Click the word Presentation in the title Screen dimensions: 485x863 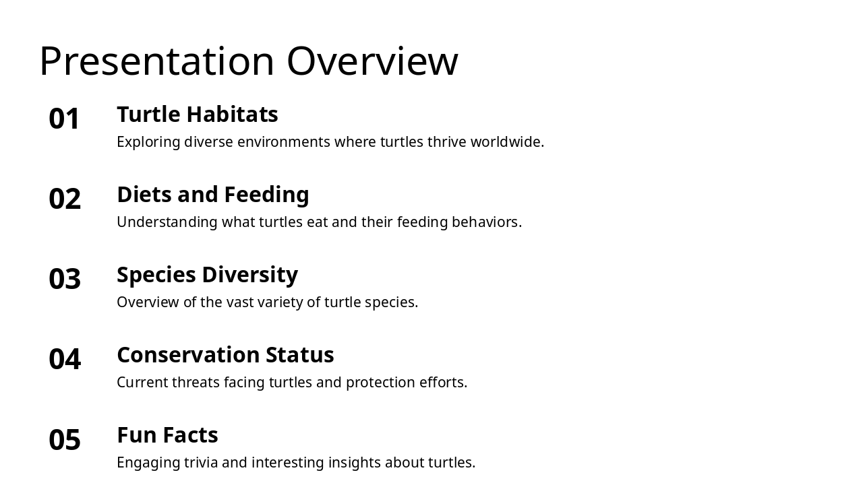point(156,61)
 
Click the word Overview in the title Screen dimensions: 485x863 point(372,61)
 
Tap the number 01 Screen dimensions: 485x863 point(65,119)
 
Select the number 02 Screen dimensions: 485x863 point(65,199)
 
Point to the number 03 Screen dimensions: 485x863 point(65,280)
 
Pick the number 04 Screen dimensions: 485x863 point(65,360)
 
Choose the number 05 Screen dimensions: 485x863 point(65,440)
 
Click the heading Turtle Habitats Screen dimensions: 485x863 point(197,115)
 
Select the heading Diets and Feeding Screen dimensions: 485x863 point(212,195)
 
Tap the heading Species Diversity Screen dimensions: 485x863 point(207,275)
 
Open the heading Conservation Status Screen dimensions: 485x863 point(225,355)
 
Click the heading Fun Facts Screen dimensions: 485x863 point(167,435)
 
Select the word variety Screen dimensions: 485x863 point(279,302)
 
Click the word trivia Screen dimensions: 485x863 point(201,463)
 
